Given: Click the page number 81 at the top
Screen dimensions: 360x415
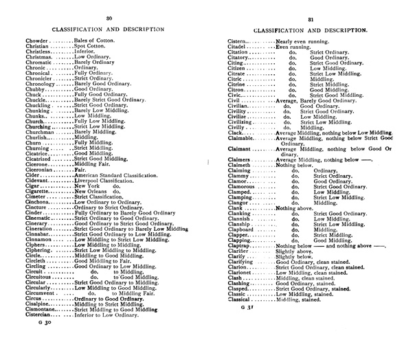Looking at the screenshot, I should tap(311, 19).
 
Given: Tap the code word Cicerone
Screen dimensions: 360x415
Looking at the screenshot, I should tap(38, 165).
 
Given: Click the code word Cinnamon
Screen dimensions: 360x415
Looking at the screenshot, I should tap(40, 239).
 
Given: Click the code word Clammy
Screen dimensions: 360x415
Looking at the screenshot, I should tap(240, 176).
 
